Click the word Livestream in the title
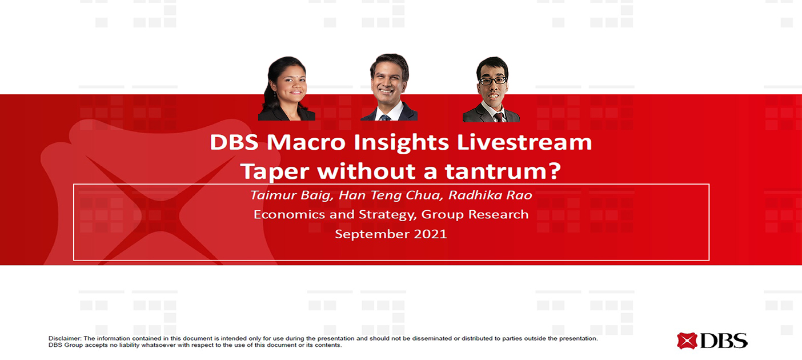[524, 142]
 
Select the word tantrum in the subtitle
[502, 171]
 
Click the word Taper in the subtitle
[275, 172]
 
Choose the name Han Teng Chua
[391, 195]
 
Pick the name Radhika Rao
[490, 195]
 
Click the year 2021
[430, 234]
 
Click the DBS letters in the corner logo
[724, 341]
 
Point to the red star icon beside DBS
[687, 341]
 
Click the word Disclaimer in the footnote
[65, 338]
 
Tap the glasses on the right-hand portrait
[494, 81]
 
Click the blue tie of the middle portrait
[385, 118]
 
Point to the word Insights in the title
[401, 142]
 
